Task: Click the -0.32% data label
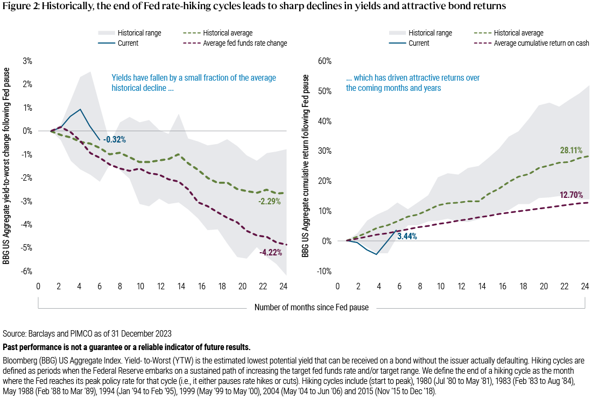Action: coord(114,140)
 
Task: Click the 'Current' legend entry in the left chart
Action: coord(121,42)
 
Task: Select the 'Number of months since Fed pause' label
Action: coord(311,308)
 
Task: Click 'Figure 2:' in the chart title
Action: coord(20,7)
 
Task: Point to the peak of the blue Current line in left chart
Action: coord(80,109)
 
